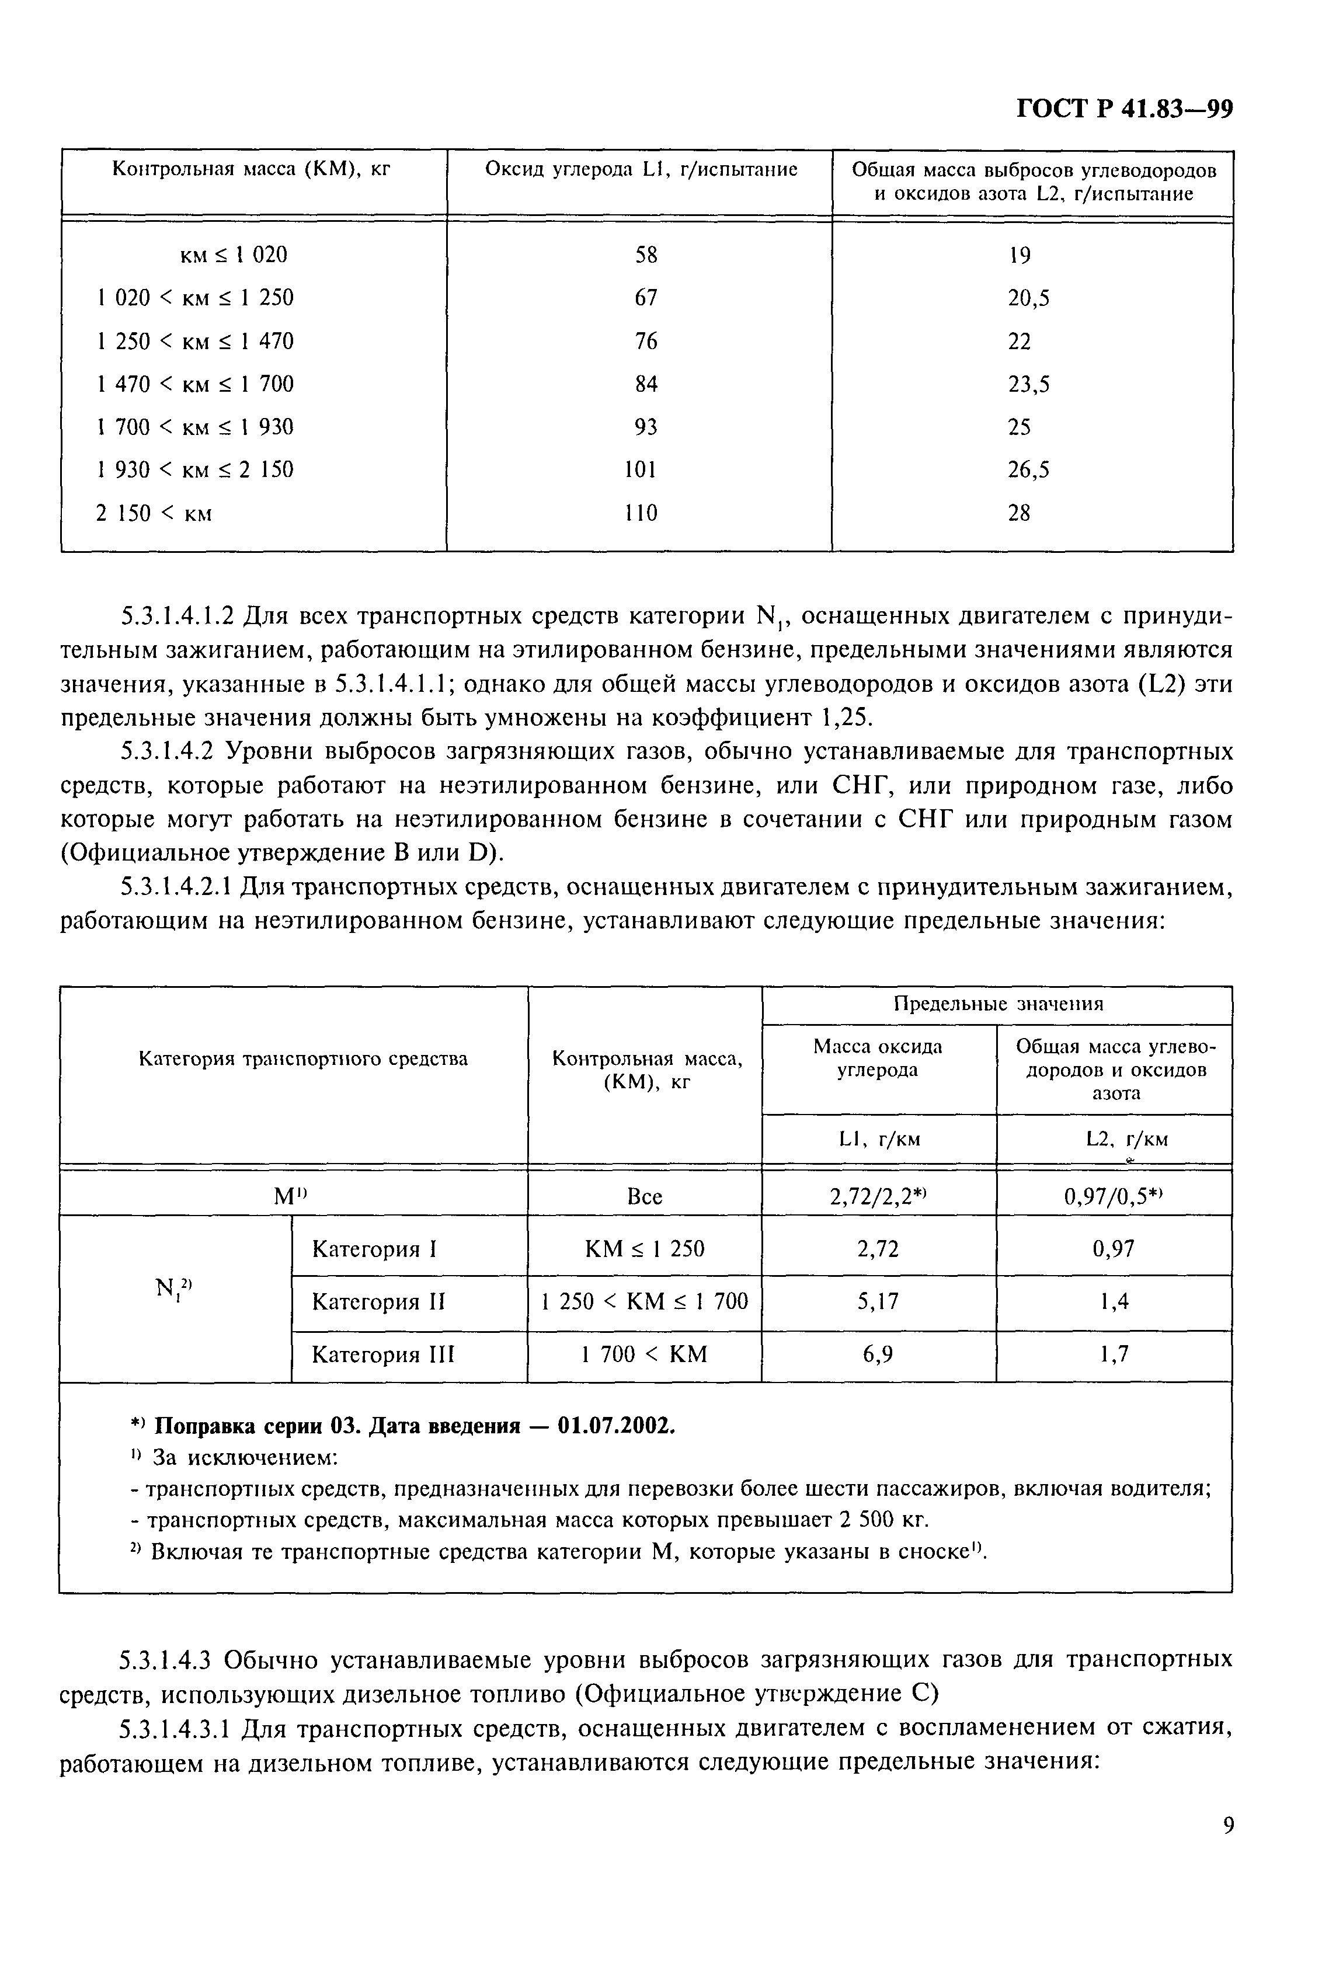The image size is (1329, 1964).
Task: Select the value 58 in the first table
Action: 645,255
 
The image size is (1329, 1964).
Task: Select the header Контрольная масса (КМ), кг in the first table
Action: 252,169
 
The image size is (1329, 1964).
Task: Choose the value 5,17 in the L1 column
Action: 878,1301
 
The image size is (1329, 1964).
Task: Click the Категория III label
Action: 383,1354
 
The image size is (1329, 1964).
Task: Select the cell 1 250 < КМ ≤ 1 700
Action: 644,1301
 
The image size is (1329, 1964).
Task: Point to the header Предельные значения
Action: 997,1004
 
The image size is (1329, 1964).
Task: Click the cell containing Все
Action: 644,1197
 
